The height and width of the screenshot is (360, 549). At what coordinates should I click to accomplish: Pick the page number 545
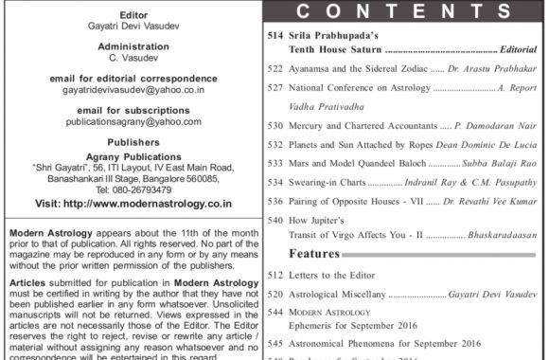click(276, 338)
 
